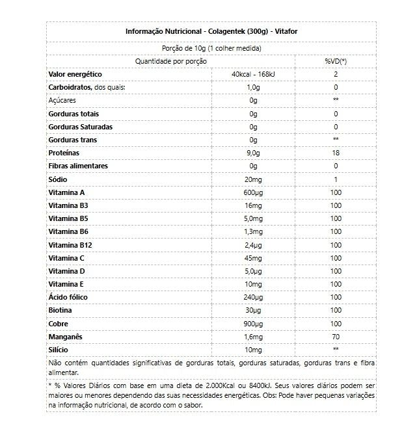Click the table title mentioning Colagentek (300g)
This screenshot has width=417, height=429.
(x=211, y=31)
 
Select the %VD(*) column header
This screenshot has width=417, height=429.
(x=335, y=61)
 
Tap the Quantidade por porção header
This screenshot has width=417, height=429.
(x=170, y=61)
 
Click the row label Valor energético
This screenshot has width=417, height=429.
(x=75, y=74)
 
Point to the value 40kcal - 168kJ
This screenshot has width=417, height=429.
(x=254, y=74)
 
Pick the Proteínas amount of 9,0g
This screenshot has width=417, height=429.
(x=254, y=153)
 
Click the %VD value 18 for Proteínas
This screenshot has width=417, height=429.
(x=335, y=153)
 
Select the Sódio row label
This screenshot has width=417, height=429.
(x=58, y=179)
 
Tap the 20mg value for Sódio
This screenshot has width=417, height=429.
(x=254, y=179)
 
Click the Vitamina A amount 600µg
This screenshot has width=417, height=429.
(x=254, y=192)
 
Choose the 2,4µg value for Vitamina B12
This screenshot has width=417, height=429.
(x=254, y=244)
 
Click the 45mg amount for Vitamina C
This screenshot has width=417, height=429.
(x=254, y=257)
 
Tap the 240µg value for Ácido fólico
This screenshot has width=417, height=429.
(x=254, y=297)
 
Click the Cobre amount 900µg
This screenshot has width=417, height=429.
(x=254, y=323)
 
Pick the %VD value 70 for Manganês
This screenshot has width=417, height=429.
(x=335, y=336)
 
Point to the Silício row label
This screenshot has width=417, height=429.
(x=59, y=349)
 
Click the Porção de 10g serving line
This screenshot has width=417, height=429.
(x=211, y=48)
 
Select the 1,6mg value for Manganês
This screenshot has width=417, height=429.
(x=254, y=336)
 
